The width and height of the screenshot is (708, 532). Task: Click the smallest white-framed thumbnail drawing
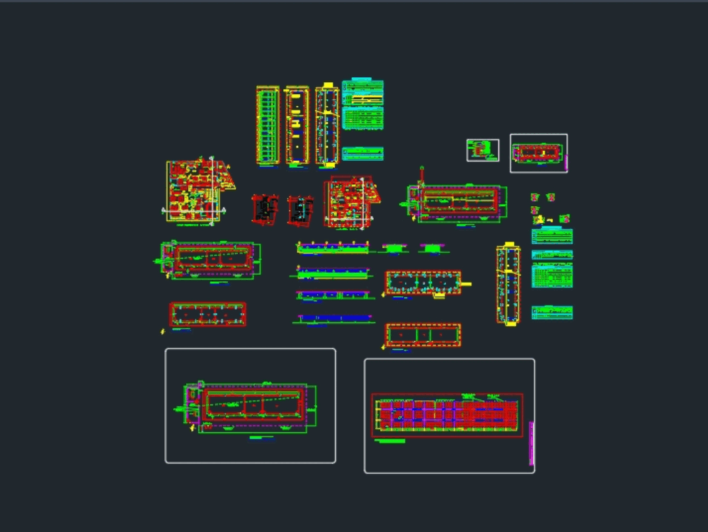483,150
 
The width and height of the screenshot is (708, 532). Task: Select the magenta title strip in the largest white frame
531,443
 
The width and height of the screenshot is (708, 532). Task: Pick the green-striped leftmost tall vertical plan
268,126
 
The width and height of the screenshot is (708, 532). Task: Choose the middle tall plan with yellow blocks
297,126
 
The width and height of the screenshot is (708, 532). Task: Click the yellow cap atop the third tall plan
327,87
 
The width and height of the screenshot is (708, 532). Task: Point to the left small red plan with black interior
265,210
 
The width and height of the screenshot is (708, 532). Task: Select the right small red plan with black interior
300,210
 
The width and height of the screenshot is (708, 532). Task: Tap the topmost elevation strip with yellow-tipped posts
333,247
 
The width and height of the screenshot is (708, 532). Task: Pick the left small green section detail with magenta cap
393,248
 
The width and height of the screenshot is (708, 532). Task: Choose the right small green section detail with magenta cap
431,248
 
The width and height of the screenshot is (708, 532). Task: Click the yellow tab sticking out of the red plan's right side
467,283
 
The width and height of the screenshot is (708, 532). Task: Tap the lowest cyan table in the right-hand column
552,312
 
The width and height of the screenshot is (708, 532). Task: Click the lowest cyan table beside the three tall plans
362,154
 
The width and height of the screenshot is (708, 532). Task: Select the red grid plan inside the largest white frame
447,414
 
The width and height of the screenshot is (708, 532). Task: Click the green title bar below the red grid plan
390,441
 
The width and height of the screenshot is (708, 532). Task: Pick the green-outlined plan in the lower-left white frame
251,407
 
